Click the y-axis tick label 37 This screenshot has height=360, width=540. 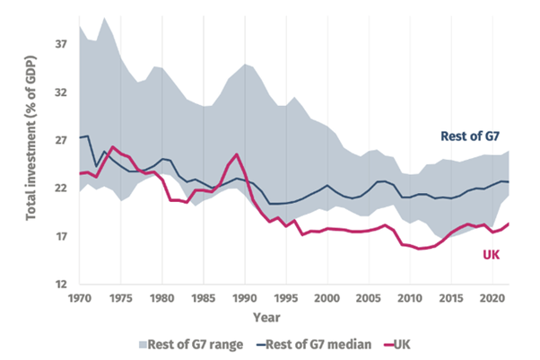click(x=62, y=43)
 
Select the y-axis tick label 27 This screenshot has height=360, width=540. click(x=62, y=140)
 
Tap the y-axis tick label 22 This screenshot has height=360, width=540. click(x=62, y=189)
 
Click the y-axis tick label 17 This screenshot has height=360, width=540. click(x=62, y=237)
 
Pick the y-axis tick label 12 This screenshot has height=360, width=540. click(x=62, y=285)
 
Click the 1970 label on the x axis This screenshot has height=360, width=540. click(x=79, y=298)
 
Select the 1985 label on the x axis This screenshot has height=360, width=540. click(x=204, y=298)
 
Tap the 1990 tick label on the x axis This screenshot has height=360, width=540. click(x=245, y=298)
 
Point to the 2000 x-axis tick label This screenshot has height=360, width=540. click(x=327, y=298)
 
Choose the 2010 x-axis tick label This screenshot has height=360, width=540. click(x=410, y=298)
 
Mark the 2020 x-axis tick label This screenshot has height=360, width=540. click(x=492, y=298)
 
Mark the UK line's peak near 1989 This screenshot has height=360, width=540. click(x=237, y=154)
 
